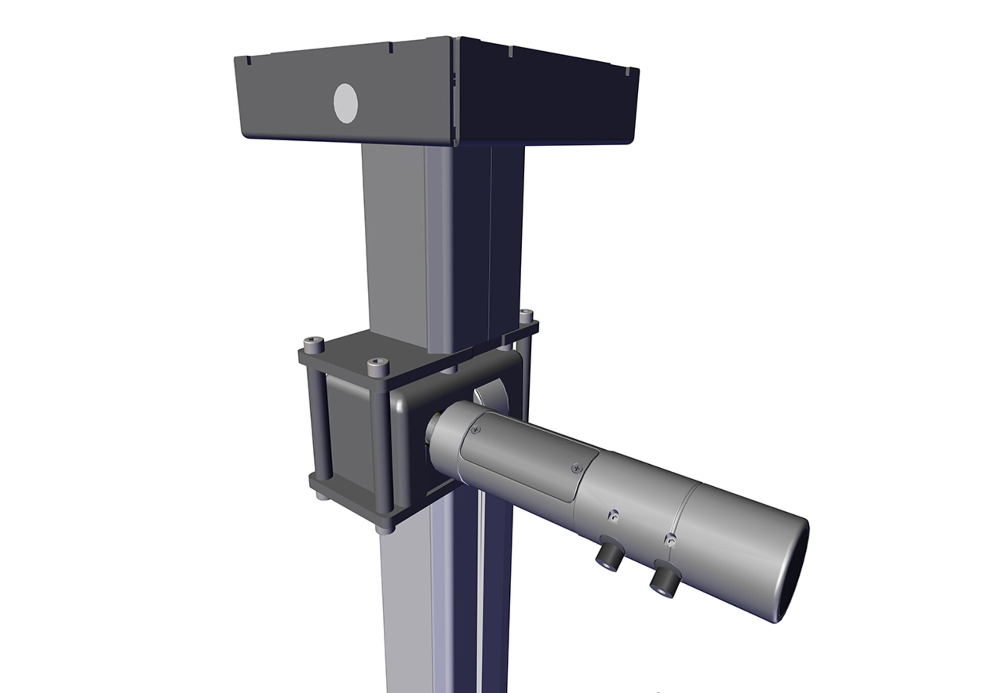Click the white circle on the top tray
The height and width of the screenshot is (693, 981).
(x=345, y=103)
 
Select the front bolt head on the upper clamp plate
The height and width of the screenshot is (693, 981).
(x=378, y=365)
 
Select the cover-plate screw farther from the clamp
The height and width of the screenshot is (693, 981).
(x=577, y=466)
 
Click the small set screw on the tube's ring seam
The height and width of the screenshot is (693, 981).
(x=672, y=539)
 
